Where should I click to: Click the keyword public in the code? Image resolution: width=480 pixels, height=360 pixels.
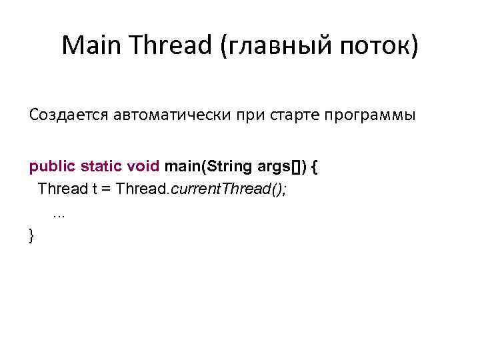pyautogui.click(x=52, y=166)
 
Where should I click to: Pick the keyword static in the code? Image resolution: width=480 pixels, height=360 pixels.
pyautogui.click(x=101, y=166)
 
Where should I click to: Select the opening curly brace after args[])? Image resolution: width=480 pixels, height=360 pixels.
pyautogui.click(x=314, y=166)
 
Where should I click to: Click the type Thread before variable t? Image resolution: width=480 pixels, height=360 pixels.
pyautogui.click(x=63, y=189)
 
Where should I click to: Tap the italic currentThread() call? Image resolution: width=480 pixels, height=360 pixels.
pyautogui.click(x=229, y=189)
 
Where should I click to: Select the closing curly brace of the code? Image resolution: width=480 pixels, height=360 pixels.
pyautogui.click(x=31, y=234)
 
